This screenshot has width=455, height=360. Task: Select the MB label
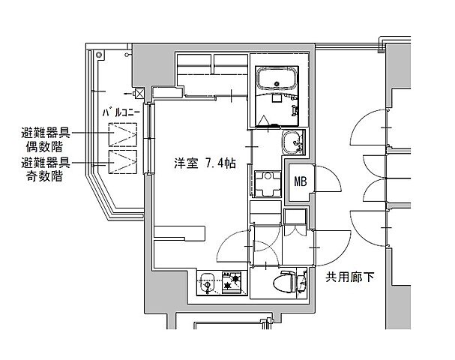click(x=301, y=181)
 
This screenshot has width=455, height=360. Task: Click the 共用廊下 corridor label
click(x=349, y=277)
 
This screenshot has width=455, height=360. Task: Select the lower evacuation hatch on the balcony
click(x=122, y=160)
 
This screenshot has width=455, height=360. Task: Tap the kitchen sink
click(x=208, y=284)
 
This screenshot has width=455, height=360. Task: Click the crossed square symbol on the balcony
click(x=139, y=94)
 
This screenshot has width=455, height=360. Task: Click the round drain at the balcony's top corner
click(x=100, y=53)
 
